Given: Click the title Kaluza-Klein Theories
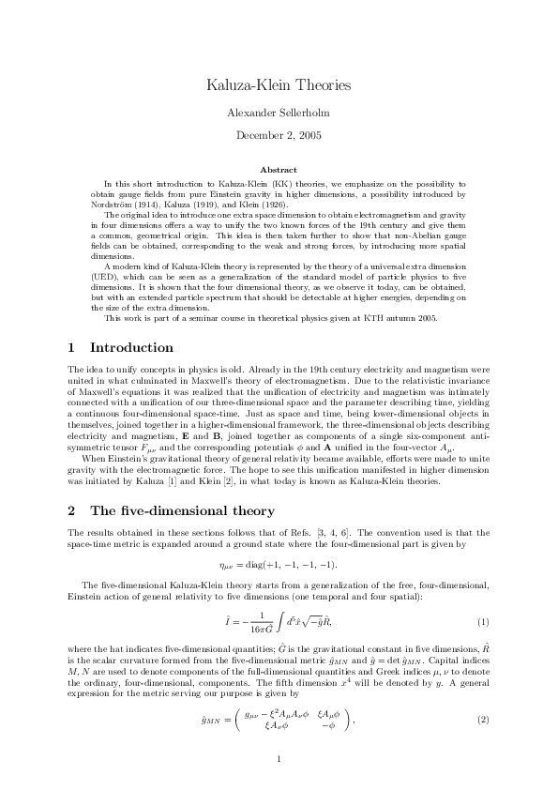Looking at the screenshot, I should pos(279,85).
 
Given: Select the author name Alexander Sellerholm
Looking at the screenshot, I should pos(279,113).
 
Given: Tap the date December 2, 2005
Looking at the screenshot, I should pos(279,135).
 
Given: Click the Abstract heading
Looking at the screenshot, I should pos(279,170).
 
